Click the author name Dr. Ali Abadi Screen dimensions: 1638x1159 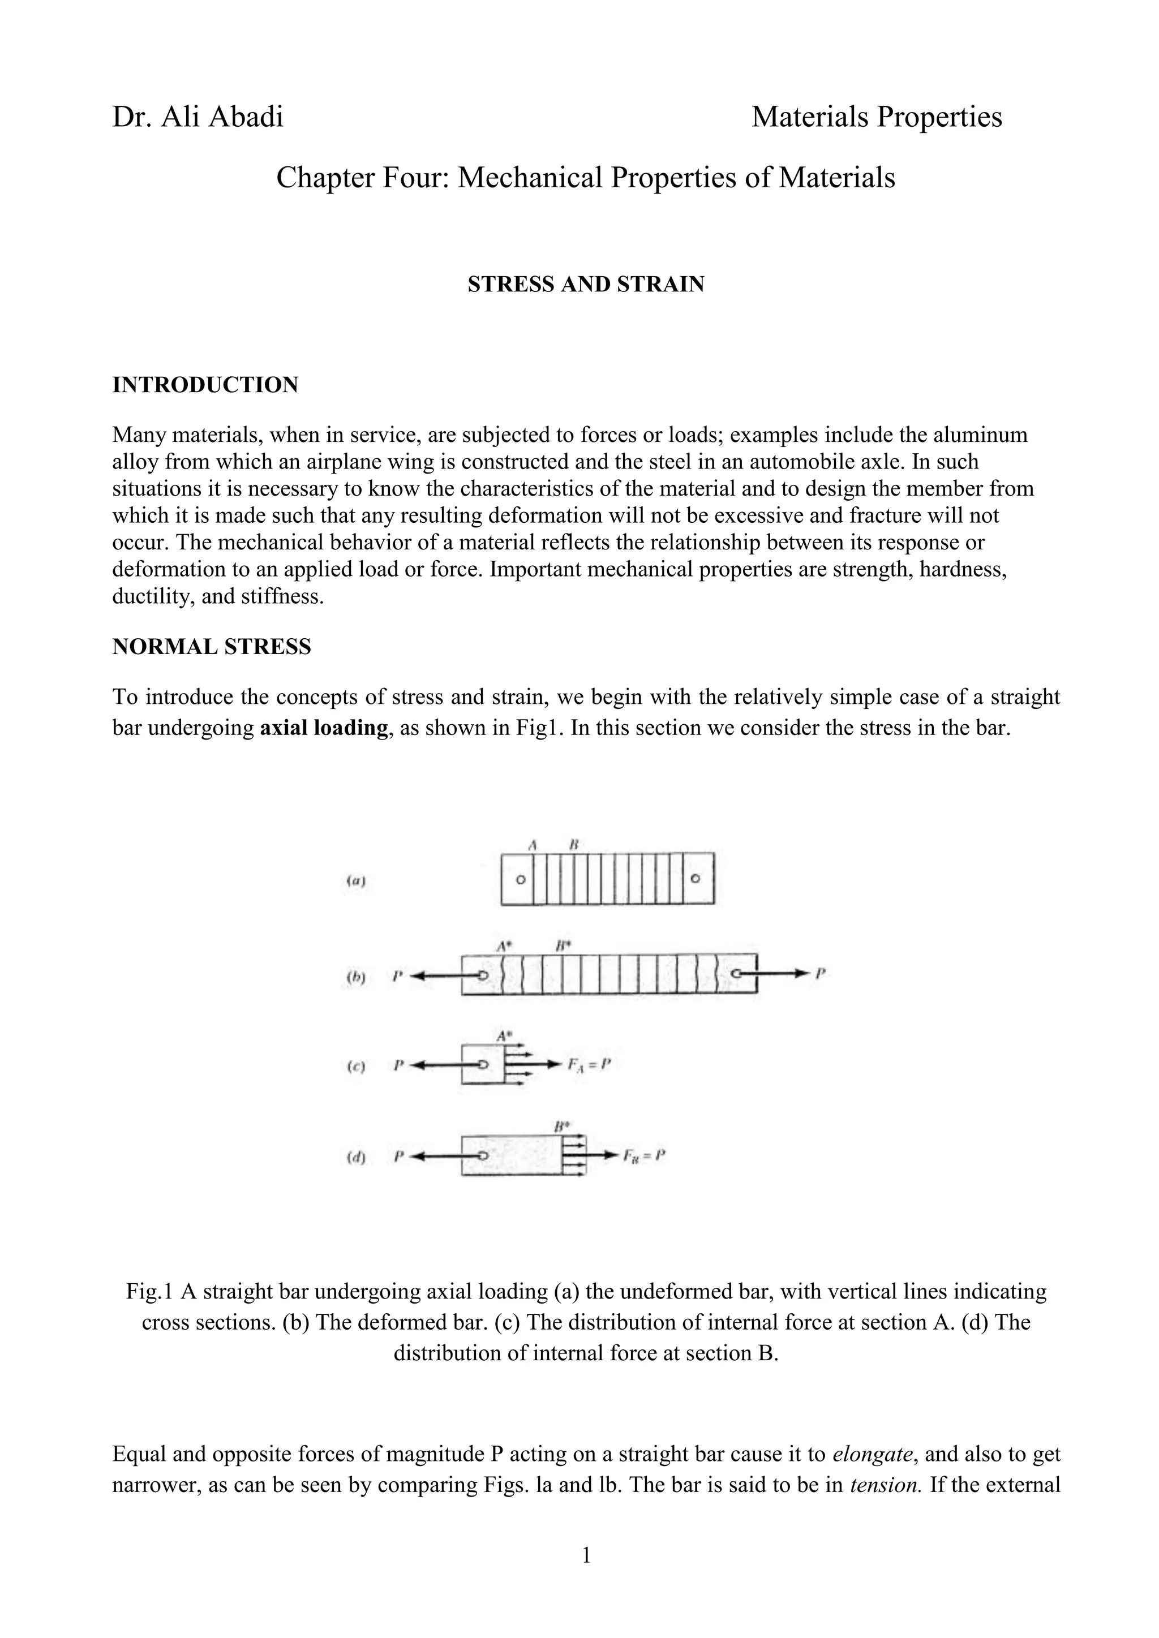click(x=198, y=117)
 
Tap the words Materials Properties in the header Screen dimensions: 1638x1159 click(x=877, y=117)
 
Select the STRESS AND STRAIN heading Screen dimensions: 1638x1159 click(x=585, y=285)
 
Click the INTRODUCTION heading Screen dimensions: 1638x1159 click(x=205, y=385)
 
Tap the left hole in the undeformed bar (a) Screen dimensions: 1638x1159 click(x=520, y=880)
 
